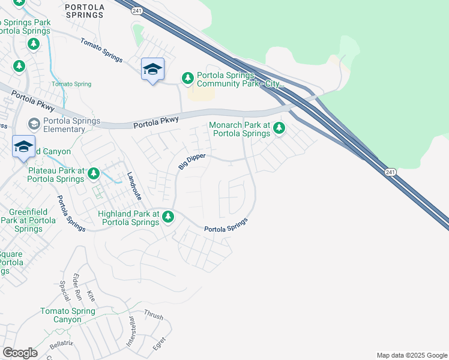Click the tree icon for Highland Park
pyautogui.click(x=169, y=217)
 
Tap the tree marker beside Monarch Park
pyautogui.click(x=279, y=128)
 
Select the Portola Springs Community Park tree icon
pyautogui.click(x=188, y=78)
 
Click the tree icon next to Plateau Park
pyautogui.click(x=94, y=174)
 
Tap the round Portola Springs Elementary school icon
pyautogui.click(x=34, y=124)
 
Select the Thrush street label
pyautogui.click(x=153, y=314)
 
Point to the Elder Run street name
pyautogui.click(x=77, y=287)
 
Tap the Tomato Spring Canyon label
pyautogui.click(x=67, y=315)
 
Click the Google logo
pyautogui.click(x=20, y=353)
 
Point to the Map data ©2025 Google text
pyautogui.click(x=411, y=355)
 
